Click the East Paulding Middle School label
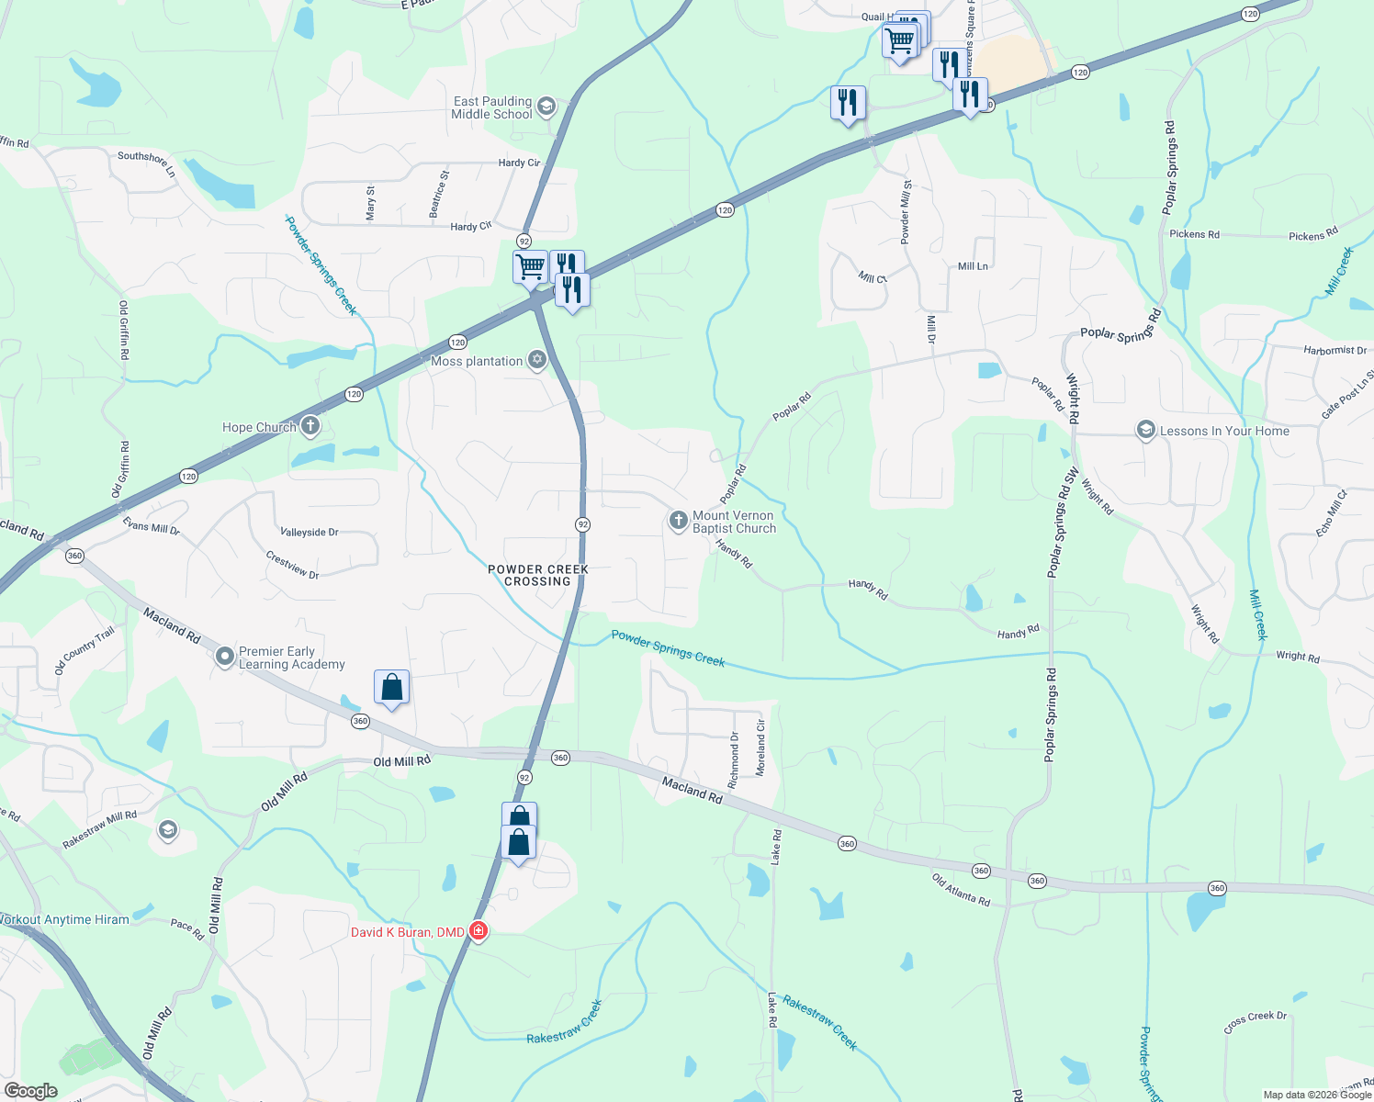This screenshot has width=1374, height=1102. [491, 107]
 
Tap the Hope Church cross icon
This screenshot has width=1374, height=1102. [310, 425]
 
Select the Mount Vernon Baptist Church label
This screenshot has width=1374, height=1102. [734, 522]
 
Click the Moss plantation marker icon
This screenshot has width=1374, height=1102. [537, 360]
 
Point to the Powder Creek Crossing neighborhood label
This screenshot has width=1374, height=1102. [538, 575]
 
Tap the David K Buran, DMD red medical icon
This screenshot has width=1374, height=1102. [479, 931]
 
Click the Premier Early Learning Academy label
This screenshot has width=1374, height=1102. [292, 658]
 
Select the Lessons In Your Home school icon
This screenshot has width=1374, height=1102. [1145, 430]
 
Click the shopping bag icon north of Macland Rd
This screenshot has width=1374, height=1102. [391, 687]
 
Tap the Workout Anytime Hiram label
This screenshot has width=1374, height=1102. [64, 919]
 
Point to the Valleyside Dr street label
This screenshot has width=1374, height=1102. [310, 532]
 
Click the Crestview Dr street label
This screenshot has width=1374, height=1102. [292, 565]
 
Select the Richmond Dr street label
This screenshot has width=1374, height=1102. [733, 761]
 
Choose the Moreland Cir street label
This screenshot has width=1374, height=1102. [760, 748]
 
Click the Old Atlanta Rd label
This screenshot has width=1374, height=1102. [961, 890]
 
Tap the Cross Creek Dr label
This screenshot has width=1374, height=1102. [1256, 1021]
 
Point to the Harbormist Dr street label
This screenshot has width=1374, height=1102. [1335, 350]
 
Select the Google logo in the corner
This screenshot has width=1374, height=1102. [31, 1090]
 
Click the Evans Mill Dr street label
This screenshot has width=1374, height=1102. [152, 525]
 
